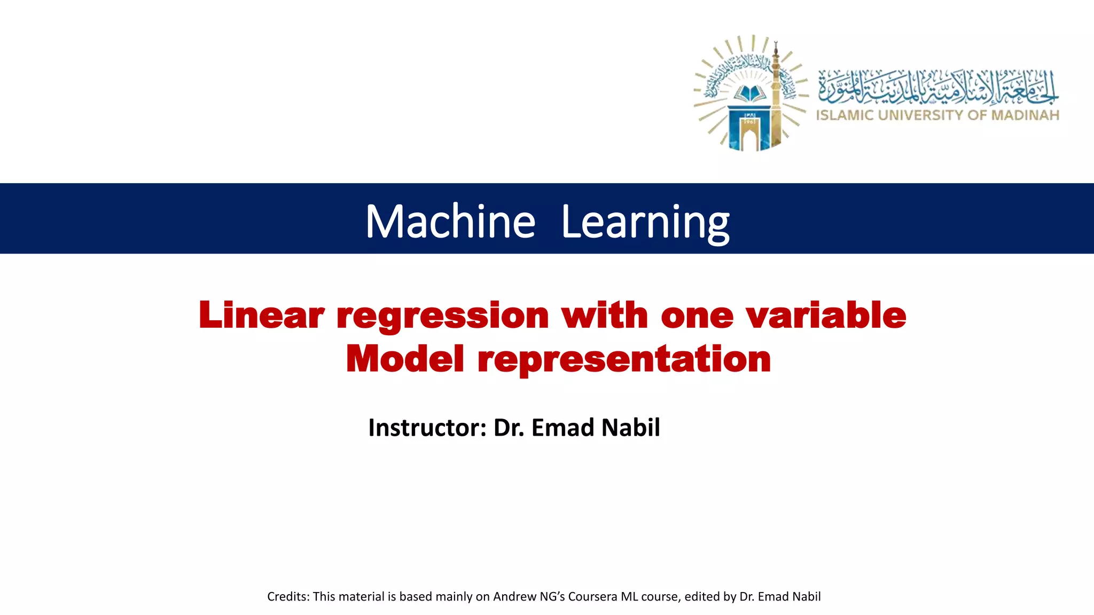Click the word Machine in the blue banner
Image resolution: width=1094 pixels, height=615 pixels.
450,221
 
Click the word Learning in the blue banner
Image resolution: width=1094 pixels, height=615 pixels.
645,222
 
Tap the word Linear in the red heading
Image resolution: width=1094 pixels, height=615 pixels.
262,315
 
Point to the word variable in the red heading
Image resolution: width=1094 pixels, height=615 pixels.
826,315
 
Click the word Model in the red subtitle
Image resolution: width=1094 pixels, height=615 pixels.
405,358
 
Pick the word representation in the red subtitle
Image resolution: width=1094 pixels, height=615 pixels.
624,359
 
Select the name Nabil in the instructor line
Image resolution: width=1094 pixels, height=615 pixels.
631,428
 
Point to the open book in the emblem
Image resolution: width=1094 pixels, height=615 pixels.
750,94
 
